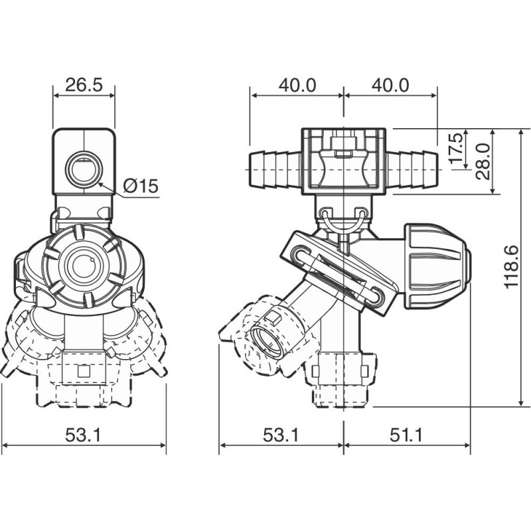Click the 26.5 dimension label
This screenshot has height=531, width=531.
point(84,85)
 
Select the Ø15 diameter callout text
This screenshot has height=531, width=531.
point(141,187)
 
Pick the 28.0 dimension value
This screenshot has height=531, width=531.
point(483,161)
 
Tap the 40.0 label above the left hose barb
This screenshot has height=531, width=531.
point(297,85)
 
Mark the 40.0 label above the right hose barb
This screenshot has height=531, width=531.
point(390,85)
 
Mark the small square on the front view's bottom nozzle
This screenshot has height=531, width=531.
point(84,372)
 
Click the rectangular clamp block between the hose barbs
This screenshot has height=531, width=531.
point(343,162)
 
